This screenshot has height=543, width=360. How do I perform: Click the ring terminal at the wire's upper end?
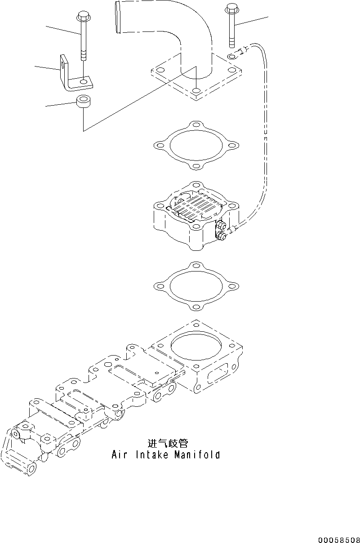click(x=232, y=56)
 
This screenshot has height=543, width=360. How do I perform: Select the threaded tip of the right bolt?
click(x=232, y=43)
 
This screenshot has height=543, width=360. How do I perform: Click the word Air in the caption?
click(x=119, y=455)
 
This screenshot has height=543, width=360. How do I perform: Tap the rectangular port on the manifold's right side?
click(x=215, y=373)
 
